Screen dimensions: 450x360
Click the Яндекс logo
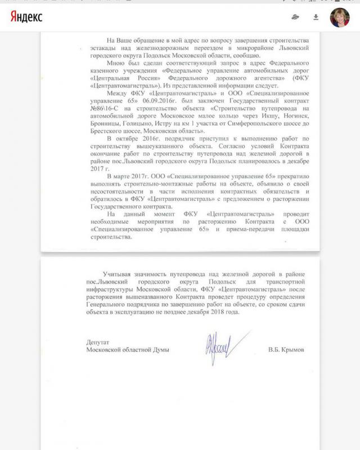click(x=26, y=17)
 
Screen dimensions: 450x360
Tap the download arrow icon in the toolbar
click(x=316, y=17)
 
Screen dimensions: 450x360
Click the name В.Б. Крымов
click(x=287, y=349)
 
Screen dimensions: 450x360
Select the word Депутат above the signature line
click(x=99, y=342)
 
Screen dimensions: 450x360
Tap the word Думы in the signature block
click(x=159, y=349)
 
